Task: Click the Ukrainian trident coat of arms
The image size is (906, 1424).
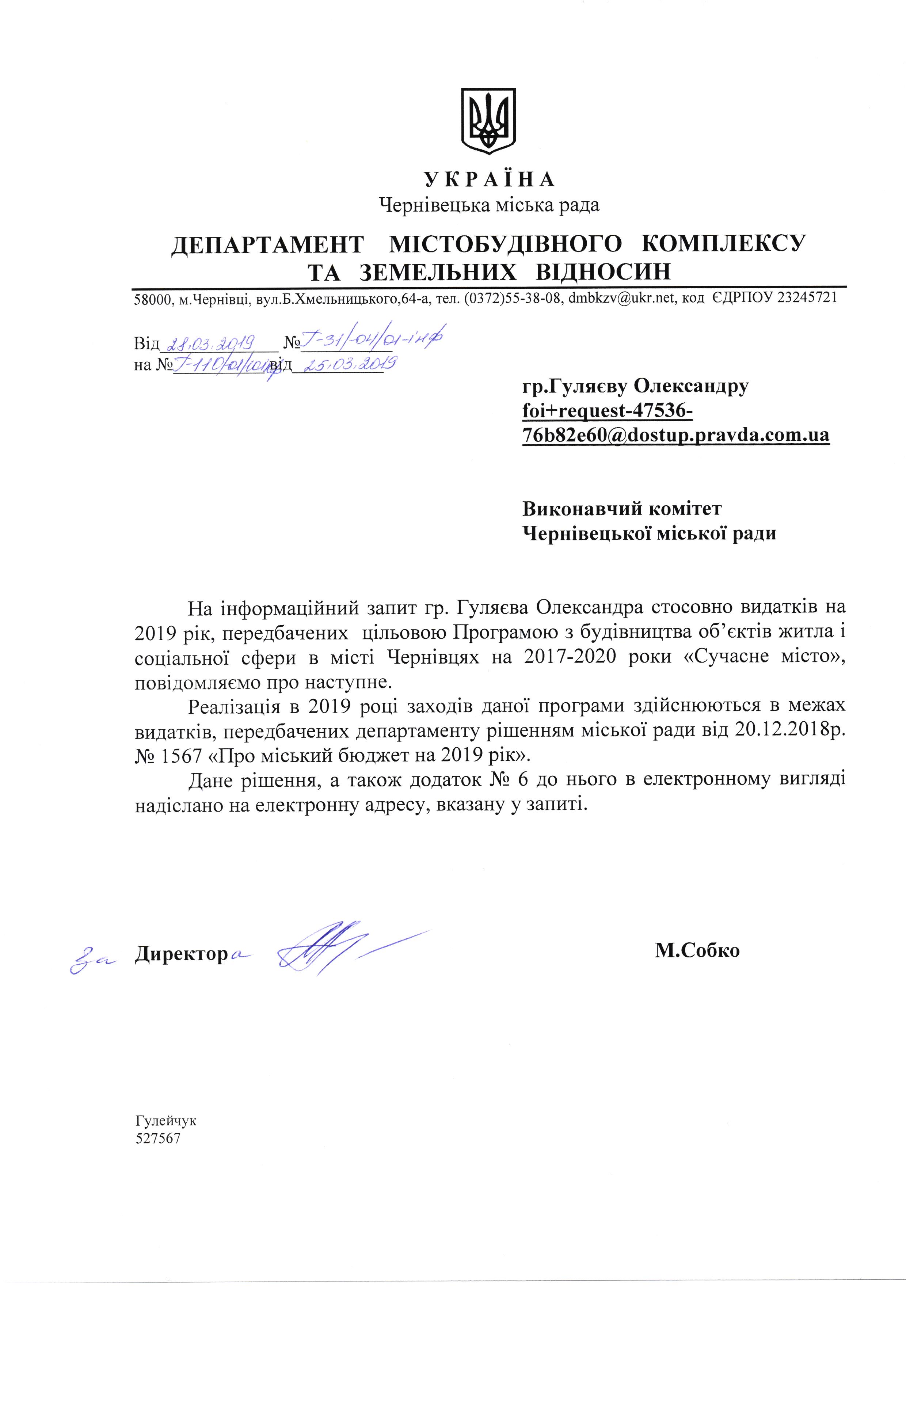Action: (488, 122)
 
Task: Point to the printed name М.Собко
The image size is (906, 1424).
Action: (697, 950)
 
